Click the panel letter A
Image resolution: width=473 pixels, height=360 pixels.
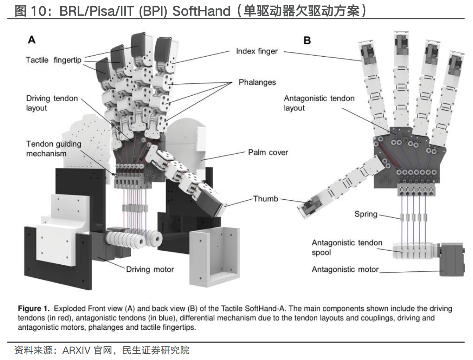click(x=32, y=40)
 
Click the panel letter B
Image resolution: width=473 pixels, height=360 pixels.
click(x=307, y=40)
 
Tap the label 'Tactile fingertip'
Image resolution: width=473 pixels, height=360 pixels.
click(x=54, y=60)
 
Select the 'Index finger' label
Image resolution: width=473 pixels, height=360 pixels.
click(x=257, y=51)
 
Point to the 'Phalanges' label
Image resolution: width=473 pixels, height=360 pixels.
click(x=257, y=82)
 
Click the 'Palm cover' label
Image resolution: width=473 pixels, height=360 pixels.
click(x=268, y=152)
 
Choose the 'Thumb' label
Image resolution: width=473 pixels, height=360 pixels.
click(x=265, y=199)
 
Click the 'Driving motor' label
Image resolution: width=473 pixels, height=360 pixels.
click(x=150, y=269)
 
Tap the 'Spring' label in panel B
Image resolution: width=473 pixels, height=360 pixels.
click(x=366, y=214)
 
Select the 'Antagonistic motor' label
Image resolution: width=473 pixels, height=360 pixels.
click(x=345, y=269)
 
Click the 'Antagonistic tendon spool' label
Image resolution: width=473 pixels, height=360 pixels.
click(x=347, y=248)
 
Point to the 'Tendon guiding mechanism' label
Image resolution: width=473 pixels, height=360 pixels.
click(x=53, y=148)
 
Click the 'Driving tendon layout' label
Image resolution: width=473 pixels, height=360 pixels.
click(x=51, y=103)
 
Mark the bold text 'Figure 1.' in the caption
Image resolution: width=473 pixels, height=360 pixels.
click(x=33, y=309)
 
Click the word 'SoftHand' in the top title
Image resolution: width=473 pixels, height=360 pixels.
click(x=201, y=11)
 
